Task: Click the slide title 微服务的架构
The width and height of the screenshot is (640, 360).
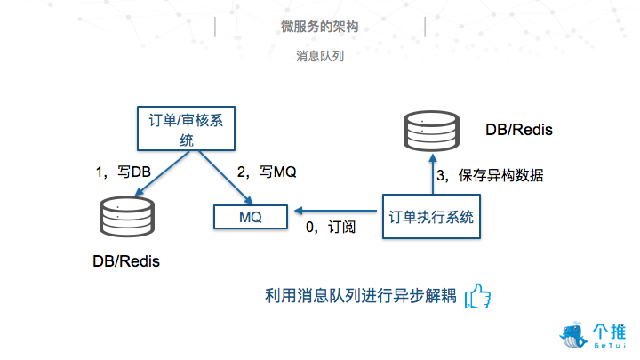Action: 320,28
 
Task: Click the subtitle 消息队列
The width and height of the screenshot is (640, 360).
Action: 320,55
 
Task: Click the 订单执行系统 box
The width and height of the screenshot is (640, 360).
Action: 432,216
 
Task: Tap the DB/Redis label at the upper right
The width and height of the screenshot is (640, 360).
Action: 519,130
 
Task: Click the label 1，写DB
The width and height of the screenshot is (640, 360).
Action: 124,172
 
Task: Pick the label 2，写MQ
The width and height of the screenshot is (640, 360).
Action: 266,172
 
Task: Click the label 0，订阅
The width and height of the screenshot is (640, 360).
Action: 331,228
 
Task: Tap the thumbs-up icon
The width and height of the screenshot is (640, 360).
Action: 478,295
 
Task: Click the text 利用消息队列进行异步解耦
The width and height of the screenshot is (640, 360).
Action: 362,296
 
